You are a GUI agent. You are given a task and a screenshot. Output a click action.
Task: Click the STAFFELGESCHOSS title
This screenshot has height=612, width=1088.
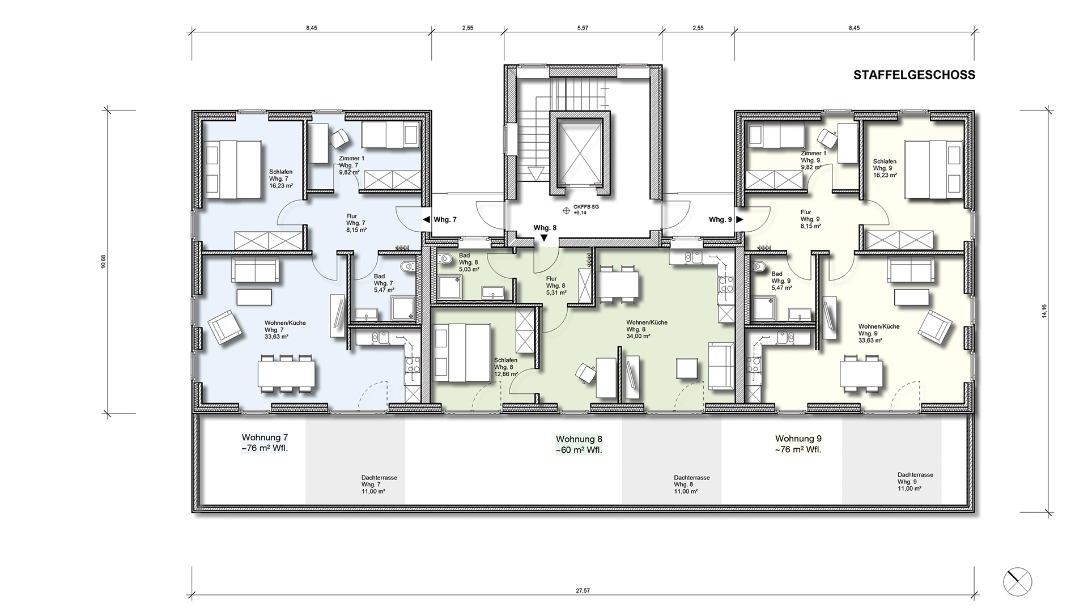914,75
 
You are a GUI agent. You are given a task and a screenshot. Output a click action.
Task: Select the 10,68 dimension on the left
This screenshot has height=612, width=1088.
103,261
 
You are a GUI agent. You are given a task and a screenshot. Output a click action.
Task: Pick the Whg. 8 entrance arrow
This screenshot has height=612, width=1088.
544,239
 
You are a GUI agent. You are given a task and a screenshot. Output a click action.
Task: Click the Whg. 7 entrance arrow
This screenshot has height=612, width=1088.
425,219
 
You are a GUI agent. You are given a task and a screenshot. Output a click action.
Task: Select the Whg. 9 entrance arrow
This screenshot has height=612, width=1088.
740,219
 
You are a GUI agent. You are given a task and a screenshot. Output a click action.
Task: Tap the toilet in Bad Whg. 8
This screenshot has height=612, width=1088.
445,259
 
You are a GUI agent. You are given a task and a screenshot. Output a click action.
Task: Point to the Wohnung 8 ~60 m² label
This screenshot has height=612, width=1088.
579,445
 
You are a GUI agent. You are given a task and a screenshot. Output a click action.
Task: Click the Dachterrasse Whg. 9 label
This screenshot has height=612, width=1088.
915,482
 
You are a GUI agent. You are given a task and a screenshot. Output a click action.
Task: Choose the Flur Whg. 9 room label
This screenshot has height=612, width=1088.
810,219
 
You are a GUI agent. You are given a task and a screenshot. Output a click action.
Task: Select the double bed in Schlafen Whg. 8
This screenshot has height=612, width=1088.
461,352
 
